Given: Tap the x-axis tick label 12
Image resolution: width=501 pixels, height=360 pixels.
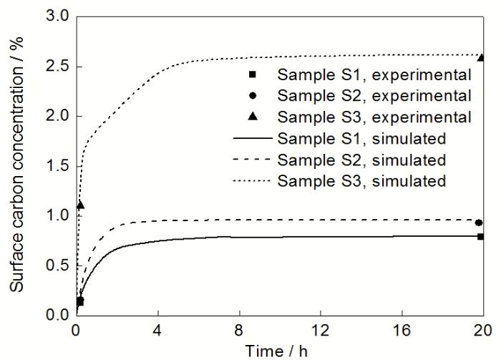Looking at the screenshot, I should pos(320,331).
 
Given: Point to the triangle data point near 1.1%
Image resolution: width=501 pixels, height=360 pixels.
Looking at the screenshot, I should pos(80,205).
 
